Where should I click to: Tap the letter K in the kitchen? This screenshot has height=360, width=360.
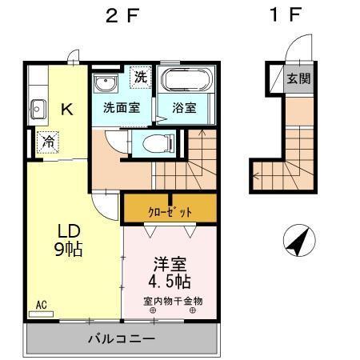click(69, 110)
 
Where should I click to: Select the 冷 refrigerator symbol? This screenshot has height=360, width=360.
click(46, 142)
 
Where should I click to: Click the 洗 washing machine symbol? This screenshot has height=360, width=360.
click(141, 78)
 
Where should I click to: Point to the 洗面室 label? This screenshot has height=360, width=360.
click(121, 106)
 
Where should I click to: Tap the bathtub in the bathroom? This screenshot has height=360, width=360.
click(185, 80)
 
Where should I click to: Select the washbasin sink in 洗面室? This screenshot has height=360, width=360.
click(104, 83)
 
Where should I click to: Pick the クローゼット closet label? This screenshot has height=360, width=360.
click(169, 212)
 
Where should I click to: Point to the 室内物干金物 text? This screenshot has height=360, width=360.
click(174, 301)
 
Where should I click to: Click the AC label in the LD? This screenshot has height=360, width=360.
click(41, 305)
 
